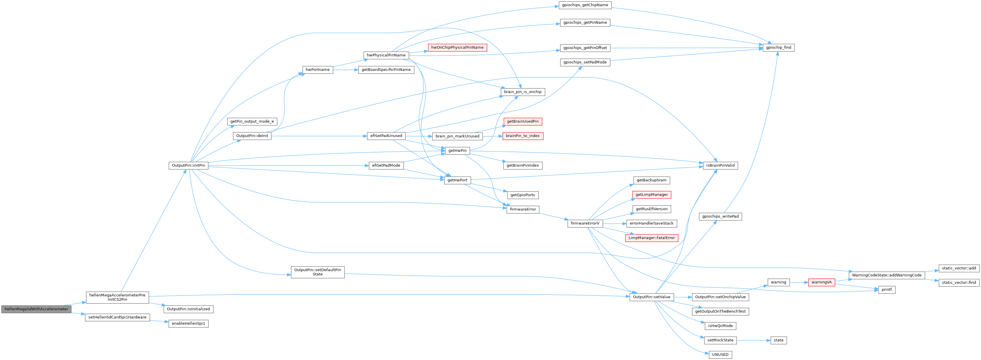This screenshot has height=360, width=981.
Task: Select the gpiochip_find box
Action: (x=778, y=48)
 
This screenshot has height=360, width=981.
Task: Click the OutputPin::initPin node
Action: (x=188, y=165)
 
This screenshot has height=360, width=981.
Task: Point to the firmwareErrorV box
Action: (x=585, y=223)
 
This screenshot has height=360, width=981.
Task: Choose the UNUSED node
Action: (x=720, y=355)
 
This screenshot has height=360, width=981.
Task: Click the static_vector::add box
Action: (x=959, y=268)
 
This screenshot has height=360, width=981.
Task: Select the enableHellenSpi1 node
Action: (x=188, y=324)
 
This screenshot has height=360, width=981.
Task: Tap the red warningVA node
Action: (x=821, y=282)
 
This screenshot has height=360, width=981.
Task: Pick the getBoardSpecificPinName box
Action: (x=386, y=70)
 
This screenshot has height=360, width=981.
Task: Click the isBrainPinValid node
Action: (x=721, y=165)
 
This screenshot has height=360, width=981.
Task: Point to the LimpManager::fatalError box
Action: (x=651, y=238)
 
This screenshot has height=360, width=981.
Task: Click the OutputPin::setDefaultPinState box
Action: (x=318, y=272)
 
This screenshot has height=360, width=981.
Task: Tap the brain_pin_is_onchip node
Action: (x=523, y=92)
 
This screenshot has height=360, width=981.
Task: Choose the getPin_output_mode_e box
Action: (x=252, y=121)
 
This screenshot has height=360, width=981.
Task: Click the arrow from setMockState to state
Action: (x=754, y=340)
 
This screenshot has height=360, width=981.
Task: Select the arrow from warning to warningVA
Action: (x=799, y=282)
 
